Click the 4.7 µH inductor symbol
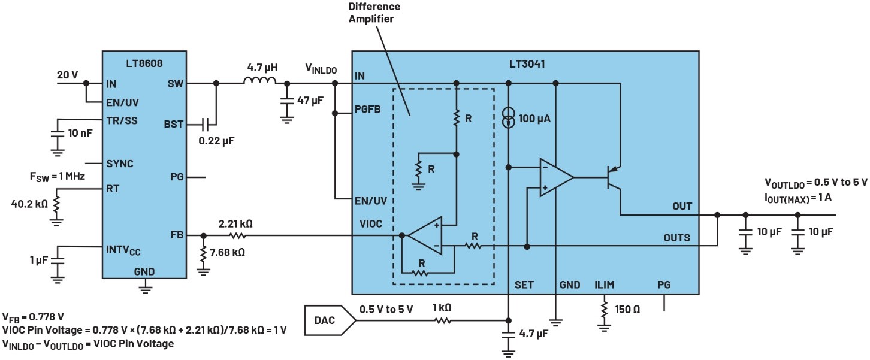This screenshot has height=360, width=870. point(260,81)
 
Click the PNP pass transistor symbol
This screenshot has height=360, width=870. point(613,177)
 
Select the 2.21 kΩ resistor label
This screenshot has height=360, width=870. point(235,224)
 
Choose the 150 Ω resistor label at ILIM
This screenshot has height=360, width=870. point(628,310)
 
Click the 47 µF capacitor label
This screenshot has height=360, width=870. point(309,100)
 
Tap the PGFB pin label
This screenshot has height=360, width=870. point(368,110)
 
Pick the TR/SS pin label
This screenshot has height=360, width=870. point(122,120)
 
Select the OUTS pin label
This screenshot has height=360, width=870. point(676,237)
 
